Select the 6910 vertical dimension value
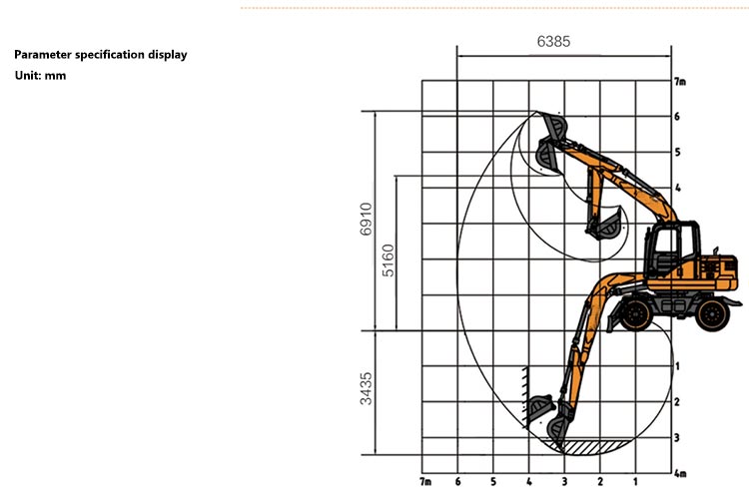pos(367,220)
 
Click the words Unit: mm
pos(40,76)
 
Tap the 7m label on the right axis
pos(680,81)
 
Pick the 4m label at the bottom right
pos(680,473)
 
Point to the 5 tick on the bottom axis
pos(493,482)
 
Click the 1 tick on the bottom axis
pos(635,482)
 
